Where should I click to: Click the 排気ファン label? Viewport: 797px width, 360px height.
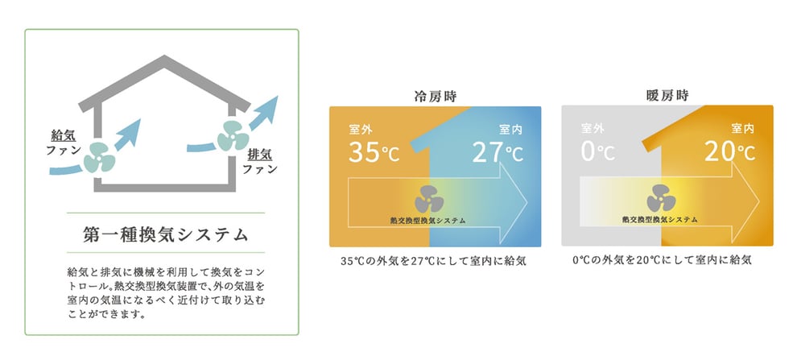(x=260, y=161)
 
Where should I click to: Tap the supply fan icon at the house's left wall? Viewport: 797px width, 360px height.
(x=99, y=157)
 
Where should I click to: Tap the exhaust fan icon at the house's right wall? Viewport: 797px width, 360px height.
(x=233, y=135)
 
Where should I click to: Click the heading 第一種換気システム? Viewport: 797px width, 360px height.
(x=166, y=235)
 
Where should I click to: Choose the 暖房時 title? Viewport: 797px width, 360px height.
(x=667, y=96)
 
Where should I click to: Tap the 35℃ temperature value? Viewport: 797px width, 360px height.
(x=374, y=151)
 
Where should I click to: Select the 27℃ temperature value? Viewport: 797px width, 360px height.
(x=498, y=151)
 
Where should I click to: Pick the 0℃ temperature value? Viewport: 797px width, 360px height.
(x=597, y=151)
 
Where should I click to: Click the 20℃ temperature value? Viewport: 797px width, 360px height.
(x=729, y=151)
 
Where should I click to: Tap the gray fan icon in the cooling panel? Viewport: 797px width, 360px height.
(x=429, y=199)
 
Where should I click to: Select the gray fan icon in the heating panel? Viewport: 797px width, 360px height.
(x=661, y=198)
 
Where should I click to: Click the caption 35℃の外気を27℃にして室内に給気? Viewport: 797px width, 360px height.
(x=434, y=262)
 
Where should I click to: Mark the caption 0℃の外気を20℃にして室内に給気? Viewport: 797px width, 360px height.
(x=662, y=260)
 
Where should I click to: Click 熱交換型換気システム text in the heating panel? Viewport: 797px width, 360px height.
(x=660, y=220)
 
